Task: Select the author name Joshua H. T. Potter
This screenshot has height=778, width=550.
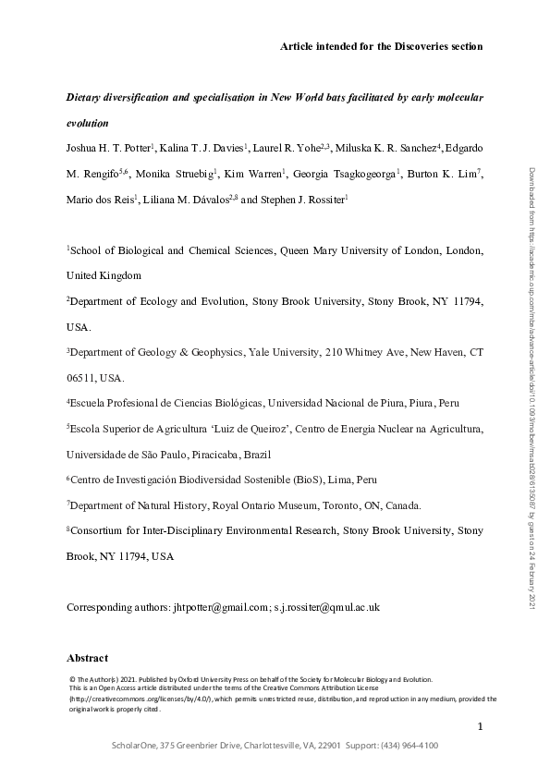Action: pyautogui.click(x=116, y=149)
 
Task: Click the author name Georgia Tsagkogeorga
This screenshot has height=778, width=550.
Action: pyautogui.click(x=350, y=174)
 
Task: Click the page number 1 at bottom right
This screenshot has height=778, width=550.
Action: pyautogui.click(x=480, y=727)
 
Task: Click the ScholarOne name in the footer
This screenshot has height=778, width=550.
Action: pyautogui.click(x=137, y=746)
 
